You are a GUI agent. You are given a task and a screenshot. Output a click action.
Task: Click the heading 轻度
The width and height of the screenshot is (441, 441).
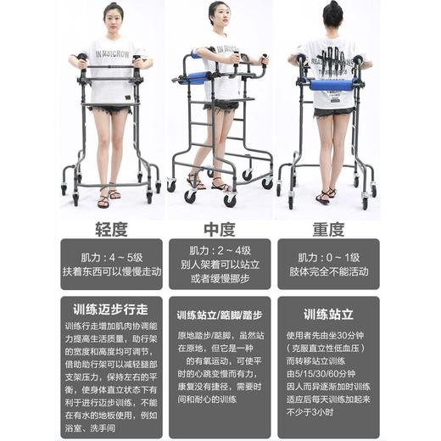(x=110, y=230)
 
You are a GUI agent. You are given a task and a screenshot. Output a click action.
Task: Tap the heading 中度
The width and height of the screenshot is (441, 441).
(x=220, y=230)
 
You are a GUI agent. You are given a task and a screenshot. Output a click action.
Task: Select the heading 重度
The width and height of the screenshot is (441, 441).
(x=327, y=230)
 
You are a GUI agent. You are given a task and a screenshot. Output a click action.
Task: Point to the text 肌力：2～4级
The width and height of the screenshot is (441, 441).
(x=220, y=252)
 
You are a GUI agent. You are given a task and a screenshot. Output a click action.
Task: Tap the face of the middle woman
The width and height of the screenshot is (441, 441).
(x=220, y=17)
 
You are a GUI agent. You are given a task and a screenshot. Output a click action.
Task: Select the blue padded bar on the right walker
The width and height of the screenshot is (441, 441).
(x=331, y=85)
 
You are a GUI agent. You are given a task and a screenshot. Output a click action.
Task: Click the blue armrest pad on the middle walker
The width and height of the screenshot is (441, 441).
(x=197, y=78)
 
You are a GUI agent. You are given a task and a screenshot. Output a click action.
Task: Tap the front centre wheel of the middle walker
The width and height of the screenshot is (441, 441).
(x=230, y=200)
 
